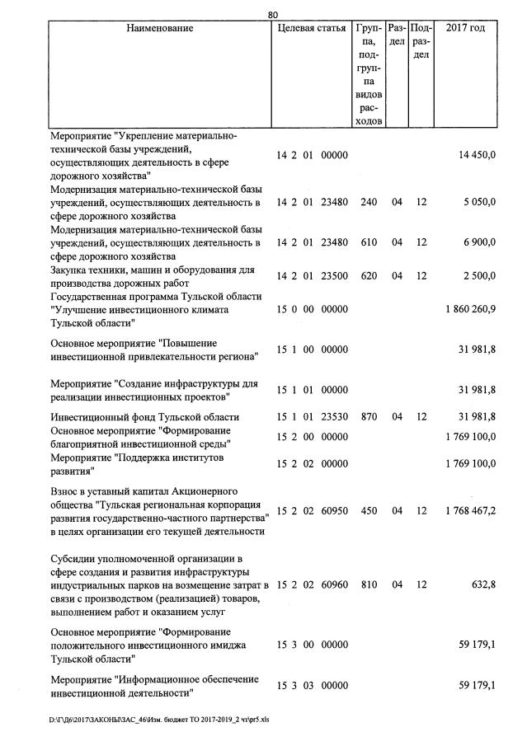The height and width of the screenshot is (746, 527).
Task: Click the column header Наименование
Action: tap(160, 29)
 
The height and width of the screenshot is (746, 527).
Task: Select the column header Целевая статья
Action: tap(311, 29)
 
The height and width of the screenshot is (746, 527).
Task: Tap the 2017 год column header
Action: tap(465, 29)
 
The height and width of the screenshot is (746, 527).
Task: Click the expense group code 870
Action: tap(369, 417)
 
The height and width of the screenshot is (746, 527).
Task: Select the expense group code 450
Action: tap(369, 511)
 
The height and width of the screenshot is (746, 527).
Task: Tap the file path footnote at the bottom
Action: tap(158, 720)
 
